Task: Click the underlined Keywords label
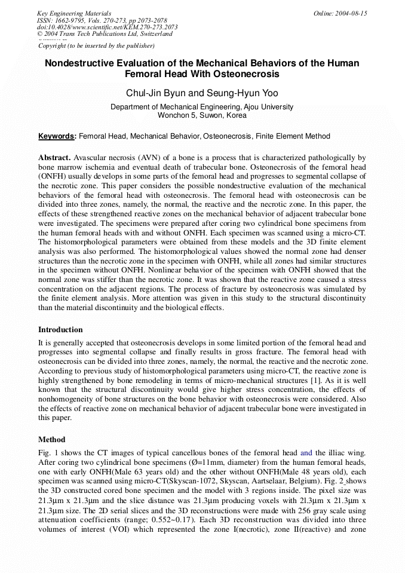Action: click(57, 136)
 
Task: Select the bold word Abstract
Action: click(55, 158)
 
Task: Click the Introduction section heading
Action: click(60, 330)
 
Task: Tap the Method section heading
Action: click(52, 439)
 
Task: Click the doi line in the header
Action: click(108, 27)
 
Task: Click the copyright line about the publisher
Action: click(96, 45)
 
